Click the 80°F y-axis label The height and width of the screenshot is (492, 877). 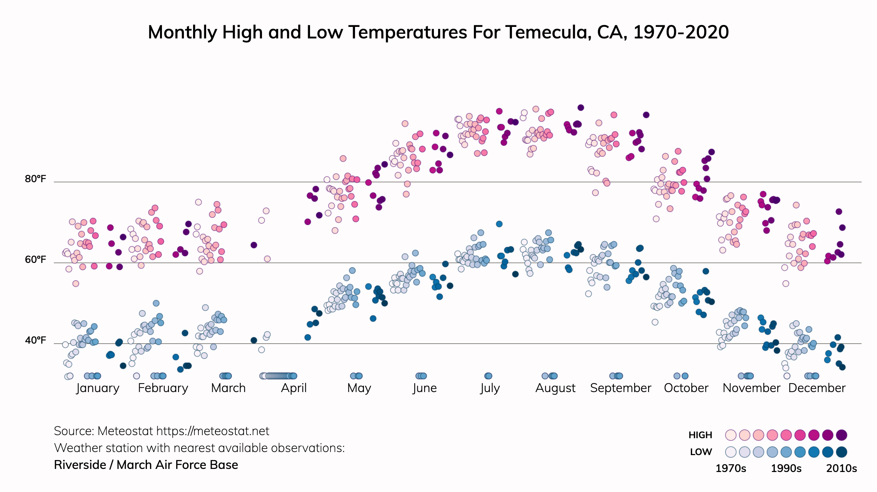click(x=35, y=179)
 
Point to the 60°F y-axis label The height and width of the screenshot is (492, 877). click(x=35, y=260)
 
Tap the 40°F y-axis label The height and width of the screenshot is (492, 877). click(x=35, y=341)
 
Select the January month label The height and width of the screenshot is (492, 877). click(x=98, y=388)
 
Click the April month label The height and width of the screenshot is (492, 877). click(x=294, y=388)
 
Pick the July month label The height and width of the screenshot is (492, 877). click(x=490, y=388)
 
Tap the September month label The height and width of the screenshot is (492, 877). click(x=620, y=388)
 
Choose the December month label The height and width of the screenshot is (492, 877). click(x=817, y=388)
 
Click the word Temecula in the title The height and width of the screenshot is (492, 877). click(x=549, y=32)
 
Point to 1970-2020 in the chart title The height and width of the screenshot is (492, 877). click(x=681, y=32)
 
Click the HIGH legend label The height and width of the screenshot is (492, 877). click(x=700, y=435)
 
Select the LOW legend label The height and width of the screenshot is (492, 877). click(x=701, y=452)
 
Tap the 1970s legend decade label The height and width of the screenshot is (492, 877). click(x=730, y=469)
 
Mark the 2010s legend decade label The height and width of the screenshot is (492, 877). click(x=842, y=469)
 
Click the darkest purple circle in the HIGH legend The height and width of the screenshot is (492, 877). click(x=842, y=435)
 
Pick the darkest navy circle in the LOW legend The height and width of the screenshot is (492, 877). click(x=842, y=452)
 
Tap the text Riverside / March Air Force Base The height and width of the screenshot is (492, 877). click(x=146, y=465)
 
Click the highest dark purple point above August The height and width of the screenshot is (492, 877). click(x=581, y=108)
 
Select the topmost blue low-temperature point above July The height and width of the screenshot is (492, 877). click(x=499, y=224)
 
